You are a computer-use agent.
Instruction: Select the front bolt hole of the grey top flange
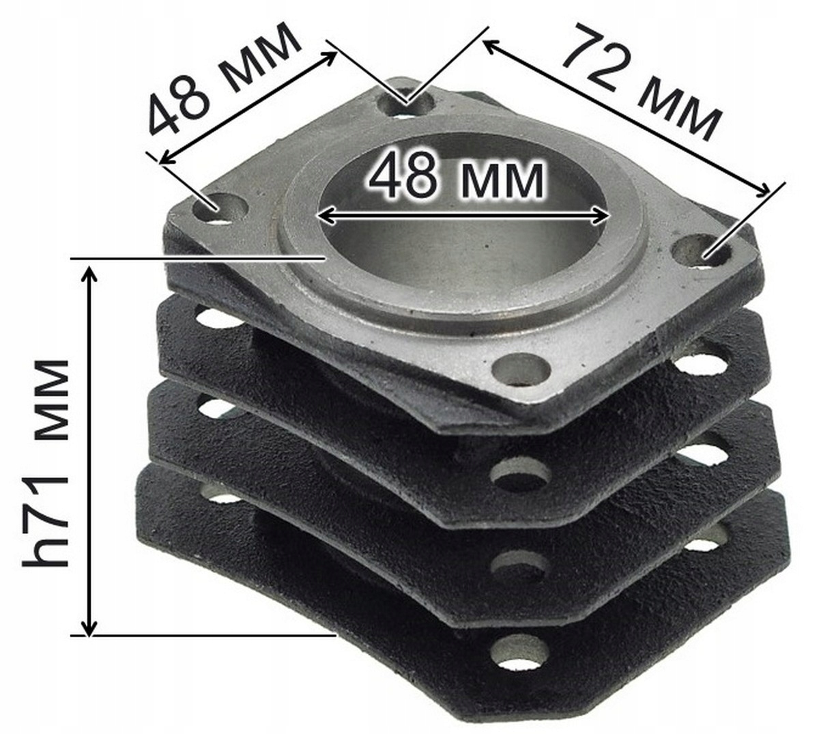click(x=521, y=370)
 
